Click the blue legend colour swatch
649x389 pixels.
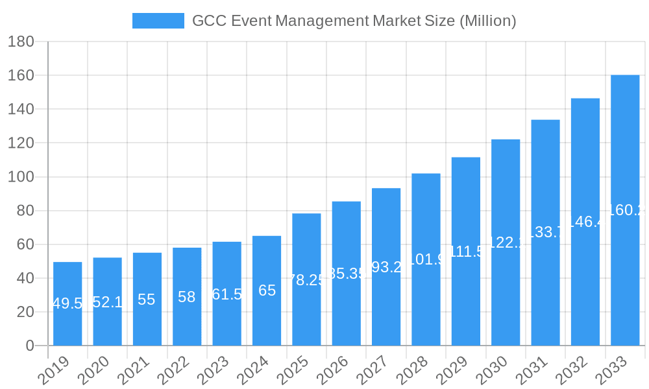coord(158,21)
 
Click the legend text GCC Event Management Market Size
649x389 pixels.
coord(354,21)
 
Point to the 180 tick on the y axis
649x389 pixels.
coord(21,42)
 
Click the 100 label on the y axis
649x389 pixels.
coord(21,177)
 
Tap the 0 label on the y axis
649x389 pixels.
coord(30,346)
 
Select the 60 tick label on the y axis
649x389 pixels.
coord(21,244)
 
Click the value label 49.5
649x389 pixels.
coord(67,303)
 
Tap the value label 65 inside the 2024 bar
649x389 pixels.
coord(267,290)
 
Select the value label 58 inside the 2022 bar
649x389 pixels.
coord(187,297)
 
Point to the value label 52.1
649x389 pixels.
coord(108,302)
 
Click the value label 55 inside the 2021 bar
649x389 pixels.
coord(147,300)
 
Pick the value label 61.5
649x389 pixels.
coord(227,294)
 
